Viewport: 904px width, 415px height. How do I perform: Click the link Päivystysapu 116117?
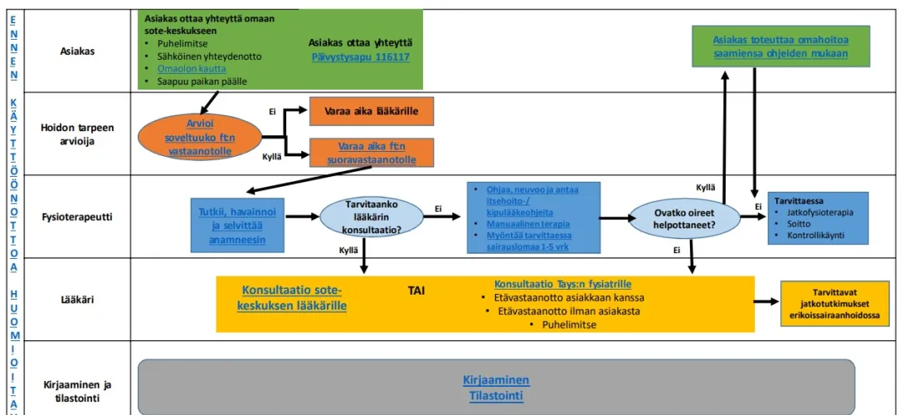coord(360,58)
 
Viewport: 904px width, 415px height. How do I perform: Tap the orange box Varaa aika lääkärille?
coord(372,111)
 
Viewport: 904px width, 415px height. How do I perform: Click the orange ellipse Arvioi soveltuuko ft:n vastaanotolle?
coord(201,138)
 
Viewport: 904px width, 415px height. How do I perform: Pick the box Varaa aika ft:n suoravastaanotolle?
coord(372,153)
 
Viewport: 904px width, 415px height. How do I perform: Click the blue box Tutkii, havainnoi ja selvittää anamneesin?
coord(237,226)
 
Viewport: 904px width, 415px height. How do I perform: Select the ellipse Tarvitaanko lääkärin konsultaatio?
coord(372,217)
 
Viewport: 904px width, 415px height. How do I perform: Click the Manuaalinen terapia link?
coord(521,224)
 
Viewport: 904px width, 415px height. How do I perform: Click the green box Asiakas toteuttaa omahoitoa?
coord(781,46)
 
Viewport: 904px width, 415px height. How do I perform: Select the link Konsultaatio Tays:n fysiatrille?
coord(562,284)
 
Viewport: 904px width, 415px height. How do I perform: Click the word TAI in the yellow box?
coord(416,290)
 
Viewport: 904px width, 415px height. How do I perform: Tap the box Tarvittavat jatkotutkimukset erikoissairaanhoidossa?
coord(835,304)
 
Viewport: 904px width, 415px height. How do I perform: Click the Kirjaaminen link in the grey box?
coord(496,380)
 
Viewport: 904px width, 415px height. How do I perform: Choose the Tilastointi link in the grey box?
coord(496,396)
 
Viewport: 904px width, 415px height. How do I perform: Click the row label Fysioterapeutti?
coord(77,217)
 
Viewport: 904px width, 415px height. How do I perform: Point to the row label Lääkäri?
coord(77,300)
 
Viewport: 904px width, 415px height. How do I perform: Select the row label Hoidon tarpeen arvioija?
coord(77,134)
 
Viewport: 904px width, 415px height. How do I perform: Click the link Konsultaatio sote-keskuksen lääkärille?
coord(292,298)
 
